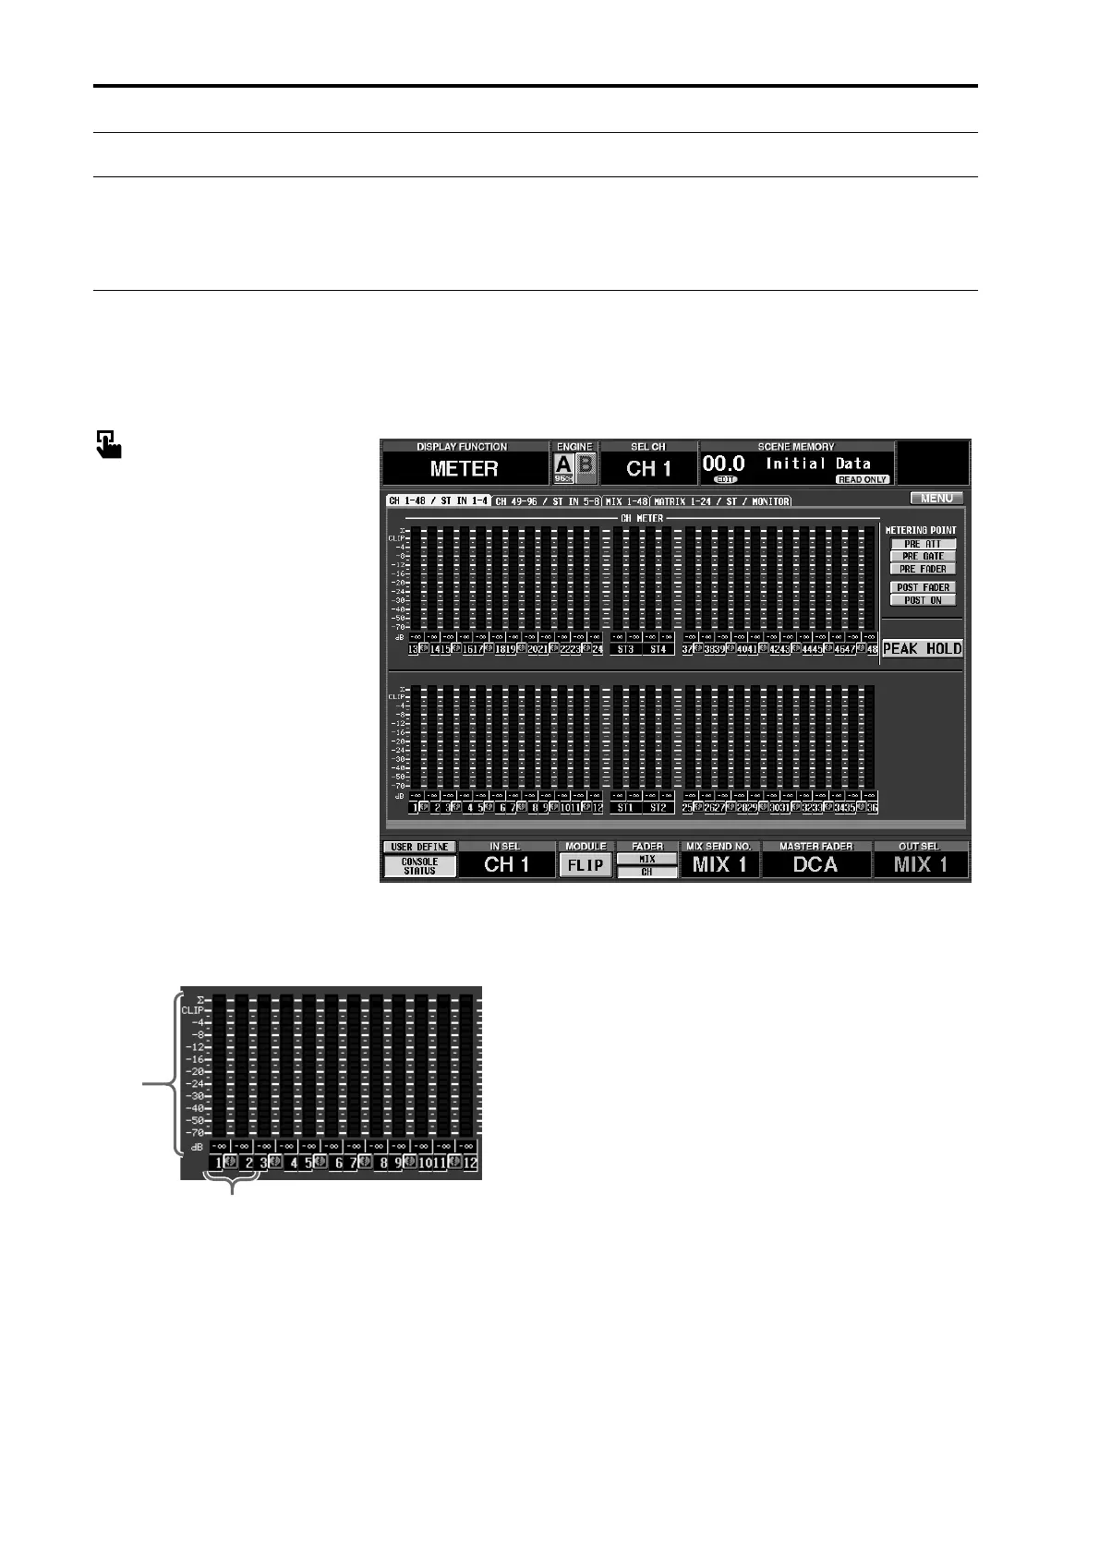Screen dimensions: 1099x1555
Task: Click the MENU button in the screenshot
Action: pos(936,499)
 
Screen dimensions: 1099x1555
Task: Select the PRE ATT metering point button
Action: pos(923,544)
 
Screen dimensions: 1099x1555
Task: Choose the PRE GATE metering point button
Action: pos(923,556)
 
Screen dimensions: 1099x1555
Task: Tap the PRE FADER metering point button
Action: pos(923,569)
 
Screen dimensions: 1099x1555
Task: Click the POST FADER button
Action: pos(923,587)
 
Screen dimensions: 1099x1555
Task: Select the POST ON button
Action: pos(923,600)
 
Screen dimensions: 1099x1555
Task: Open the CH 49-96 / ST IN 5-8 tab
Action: pos(547,501)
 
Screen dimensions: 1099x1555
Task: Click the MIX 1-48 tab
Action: pos(627,501)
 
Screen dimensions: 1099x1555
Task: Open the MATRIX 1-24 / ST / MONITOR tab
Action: pos(721,501)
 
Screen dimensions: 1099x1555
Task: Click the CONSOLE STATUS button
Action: pos(419,866)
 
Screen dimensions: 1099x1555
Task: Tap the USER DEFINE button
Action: pos(419,847)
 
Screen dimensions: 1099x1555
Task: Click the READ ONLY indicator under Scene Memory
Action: pos(863,480)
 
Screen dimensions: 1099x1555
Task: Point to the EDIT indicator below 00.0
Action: pos(725,480)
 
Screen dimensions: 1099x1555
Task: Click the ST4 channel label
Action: pos(658,650)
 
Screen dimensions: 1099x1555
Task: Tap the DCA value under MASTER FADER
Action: pos(815,865)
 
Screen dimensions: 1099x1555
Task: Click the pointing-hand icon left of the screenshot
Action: pos(108,444)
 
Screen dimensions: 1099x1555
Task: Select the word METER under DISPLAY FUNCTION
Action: pos(464,469)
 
